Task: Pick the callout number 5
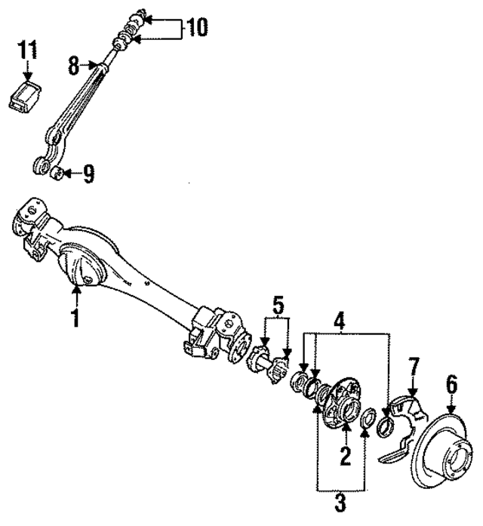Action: [278, 307]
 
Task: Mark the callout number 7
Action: [413, 371]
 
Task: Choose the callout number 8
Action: [74, 66]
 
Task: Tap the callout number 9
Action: [88, 175]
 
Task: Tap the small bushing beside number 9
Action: [55, 175]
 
